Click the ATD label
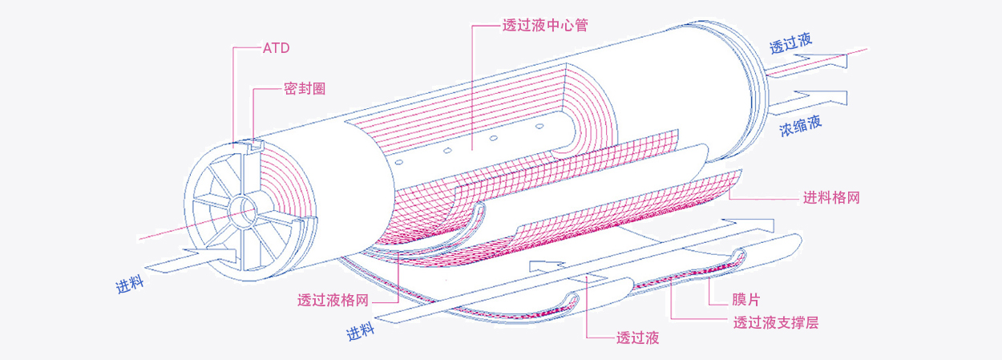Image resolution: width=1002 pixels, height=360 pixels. click(276, 48)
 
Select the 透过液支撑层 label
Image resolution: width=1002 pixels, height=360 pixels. click(775, 322)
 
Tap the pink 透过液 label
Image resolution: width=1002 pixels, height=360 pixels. click(637, 338)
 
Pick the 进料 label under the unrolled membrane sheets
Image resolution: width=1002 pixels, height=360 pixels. click(362, 330)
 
